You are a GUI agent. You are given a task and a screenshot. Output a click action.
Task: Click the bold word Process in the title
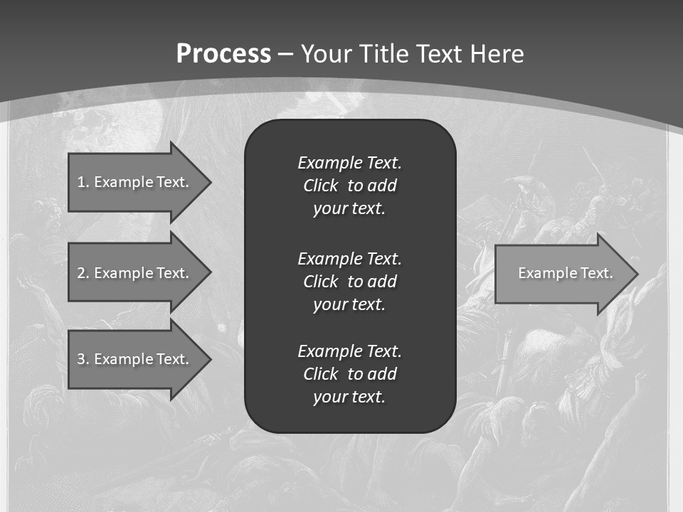pos(223,54)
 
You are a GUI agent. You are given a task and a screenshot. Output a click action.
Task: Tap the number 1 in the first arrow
pos(81,182)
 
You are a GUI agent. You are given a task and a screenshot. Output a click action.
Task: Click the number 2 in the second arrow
pos(81,273)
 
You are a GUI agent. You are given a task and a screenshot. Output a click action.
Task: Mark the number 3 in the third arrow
pos(81,359)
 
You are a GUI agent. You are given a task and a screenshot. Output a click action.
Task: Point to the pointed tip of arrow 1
pos(208,182)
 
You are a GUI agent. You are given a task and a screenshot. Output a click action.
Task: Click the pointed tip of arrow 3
pos(208,359)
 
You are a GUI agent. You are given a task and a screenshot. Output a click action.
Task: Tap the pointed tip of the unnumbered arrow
pos(635,274)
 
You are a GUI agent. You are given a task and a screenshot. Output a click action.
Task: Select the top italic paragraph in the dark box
pos(349,186)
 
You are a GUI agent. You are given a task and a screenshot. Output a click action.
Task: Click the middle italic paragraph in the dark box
pos(349,282)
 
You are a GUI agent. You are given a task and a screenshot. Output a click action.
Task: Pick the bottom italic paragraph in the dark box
pos(349,374)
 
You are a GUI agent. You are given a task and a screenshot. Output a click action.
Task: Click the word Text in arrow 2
pos(173,273)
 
